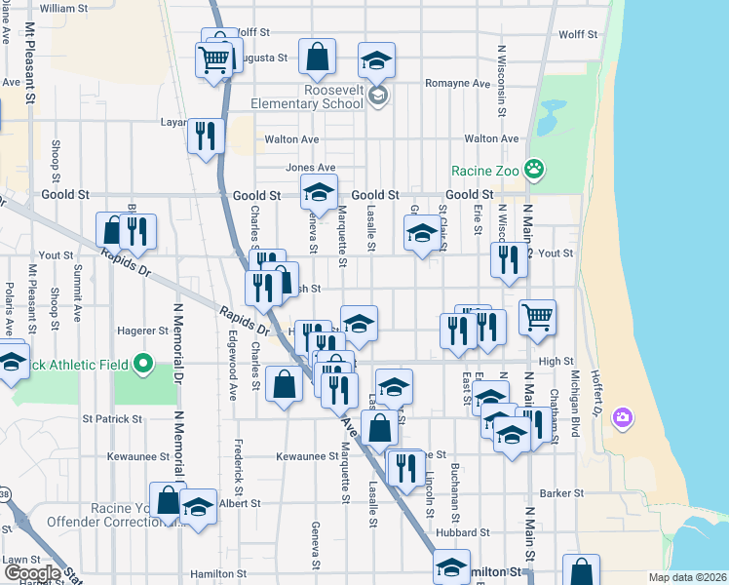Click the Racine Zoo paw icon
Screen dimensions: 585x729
(x=534, y=170)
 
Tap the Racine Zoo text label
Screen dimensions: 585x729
(x=487, y=170)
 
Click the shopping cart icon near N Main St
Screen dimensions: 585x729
(x=537, y=317)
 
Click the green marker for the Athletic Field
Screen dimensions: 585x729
(x=144, y=365)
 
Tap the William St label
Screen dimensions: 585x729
(x=64, y=8)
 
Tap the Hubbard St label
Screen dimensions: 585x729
(x=463, y=532)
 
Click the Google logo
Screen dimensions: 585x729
(x=33, y=573)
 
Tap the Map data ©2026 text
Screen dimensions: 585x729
(x=686, y=577)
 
